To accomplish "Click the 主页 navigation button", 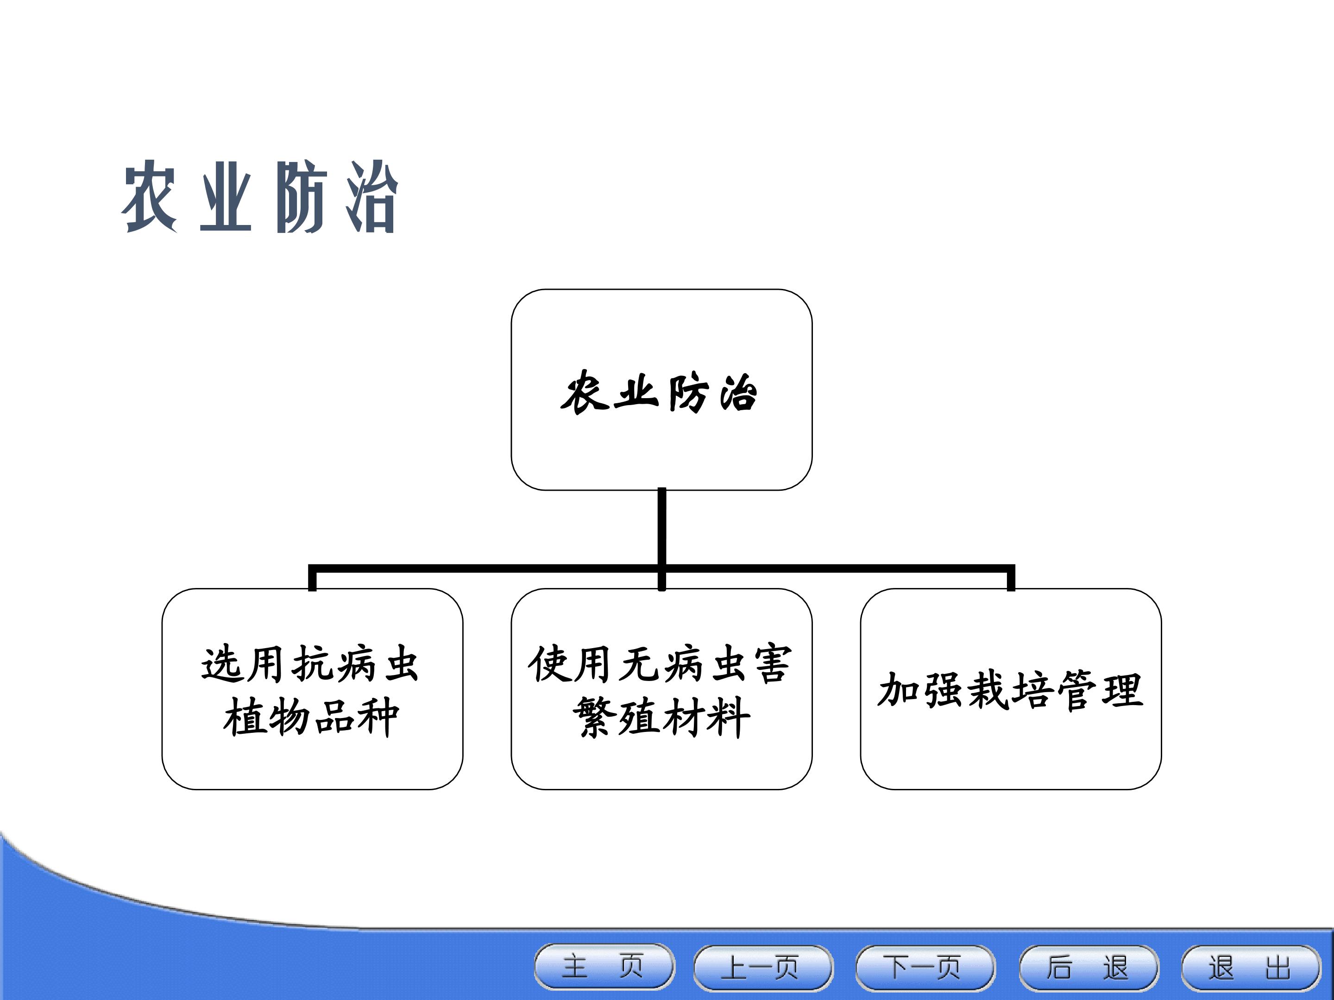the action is coord(604,967).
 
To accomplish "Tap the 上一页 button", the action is coord(763,967).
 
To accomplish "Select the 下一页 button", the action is coord(925,967).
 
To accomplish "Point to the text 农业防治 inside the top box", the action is coord(659,393).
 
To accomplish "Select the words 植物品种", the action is coord(311,717).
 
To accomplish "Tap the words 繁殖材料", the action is coord(661,717).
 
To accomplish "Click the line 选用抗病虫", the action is coord(310,664).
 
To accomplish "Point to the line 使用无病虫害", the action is coord(660,664).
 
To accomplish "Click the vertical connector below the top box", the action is coord(661,538).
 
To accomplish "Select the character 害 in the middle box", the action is coord(771,664).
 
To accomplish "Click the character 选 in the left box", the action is coord(221,665).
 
